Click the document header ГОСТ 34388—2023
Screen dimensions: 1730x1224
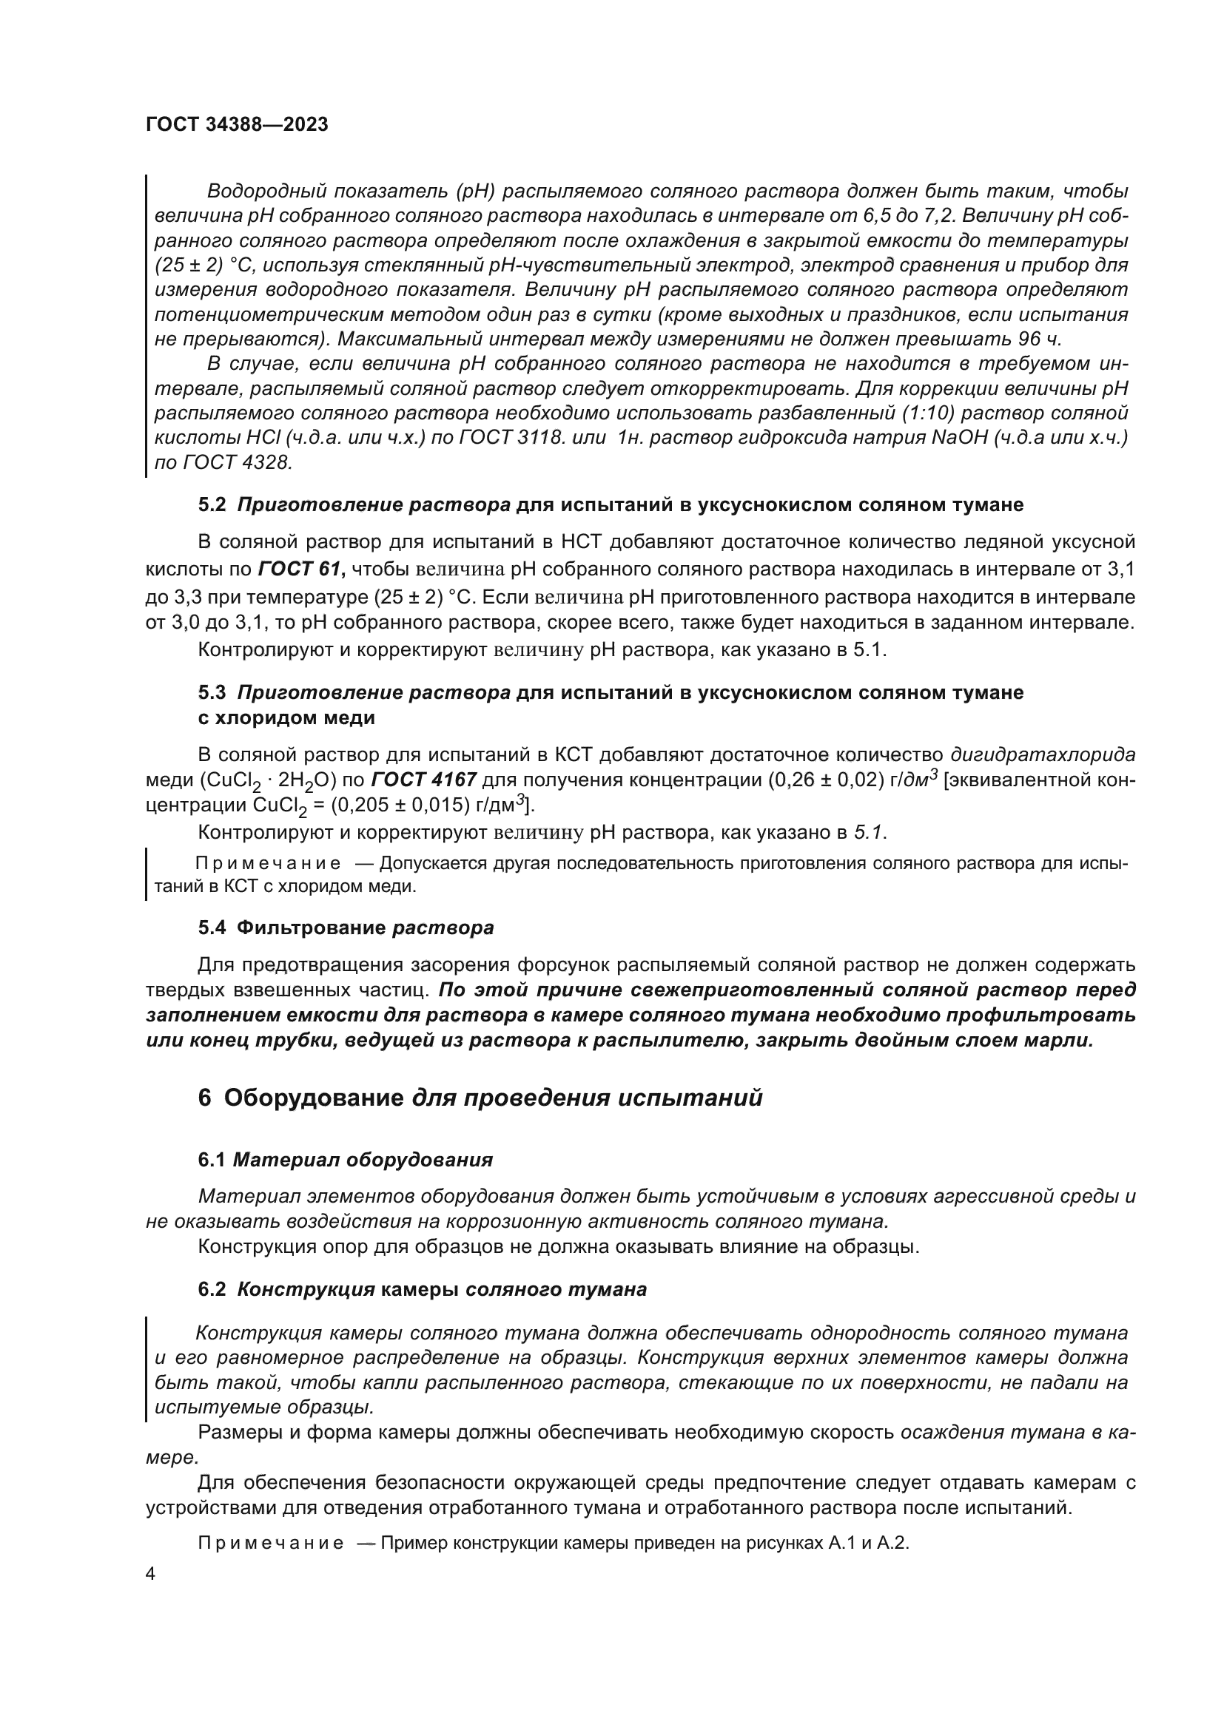click(x=237, y=125)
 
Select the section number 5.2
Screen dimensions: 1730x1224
click(x=212, y=505)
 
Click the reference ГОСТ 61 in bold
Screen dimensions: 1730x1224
click(x=301, y=570)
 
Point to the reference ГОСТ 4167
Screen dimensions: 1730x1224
click(x=424, y=780)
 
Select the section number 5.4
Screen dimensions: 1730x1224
click(x=212, y=927)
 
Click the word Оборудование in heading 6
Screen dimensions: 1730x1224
click(x=314, y=1098)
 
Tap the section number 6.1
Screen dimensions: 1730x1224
click(x=212, y=1160)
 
